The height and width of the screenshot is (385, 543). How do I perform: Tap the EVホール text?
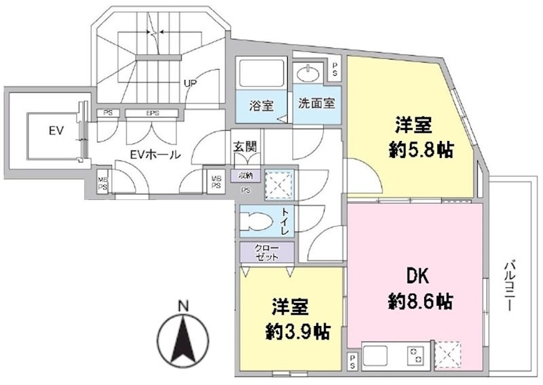(155, 155)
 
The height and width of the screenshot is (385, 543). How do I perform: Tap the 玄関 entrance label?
(244, 146)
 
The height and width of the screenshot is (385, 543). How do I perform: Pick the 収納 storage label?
(244, 175)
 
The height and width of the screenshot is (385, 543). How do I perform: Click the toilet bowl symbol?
(259, 222)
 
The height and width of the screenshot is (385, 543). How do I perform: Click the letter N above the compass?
(183, 306)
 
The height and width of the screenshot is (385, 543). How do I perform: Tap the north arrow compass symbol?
(183, 339)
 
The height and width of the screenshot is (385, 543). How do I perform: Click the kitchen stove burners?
(414, 355)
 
